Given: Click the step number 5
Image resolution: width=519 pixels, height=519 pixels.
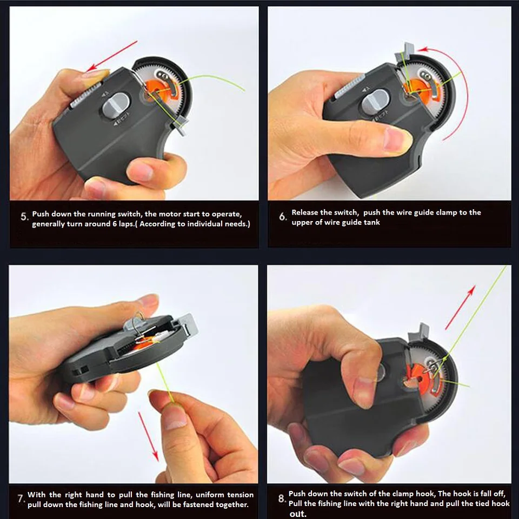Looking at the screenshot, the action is [24, 217].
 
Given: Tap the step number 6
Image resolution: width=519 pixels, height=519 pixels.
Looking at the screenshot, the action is [282, 217].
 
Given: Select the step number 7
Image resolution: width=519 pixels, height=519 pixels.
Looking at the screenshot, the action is [21, 499].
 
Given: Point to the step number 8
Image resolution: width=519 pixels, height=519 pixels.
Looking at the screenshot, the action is [281, 498].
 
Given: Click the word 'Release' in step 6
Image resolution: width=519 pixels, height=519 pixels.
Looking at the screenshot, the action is [304, 212].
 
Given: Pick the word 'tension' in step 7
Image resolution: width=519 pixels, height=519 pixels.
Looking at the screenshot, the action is [241, 495].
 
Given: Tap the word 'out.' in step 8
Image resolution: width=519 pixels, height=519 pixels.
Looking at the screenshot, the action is [298, 514].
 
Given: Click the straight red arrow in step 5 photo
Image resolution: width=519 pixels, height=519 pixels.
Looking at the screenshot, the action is [112, 56].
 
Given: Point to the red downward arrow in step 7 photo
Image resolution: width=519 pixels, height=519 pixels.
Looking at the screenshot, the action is [148, 437].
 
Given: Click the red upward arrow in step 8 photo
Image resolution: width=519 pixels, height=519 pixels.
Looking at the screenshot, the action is [461, 308].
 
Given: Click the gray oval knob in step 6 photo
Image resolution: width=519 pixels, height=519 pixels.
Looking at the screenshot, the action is [375, 101].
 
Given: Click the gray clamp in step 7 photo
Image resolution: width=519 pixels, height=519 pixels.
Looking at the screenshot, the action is [188, 326].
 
